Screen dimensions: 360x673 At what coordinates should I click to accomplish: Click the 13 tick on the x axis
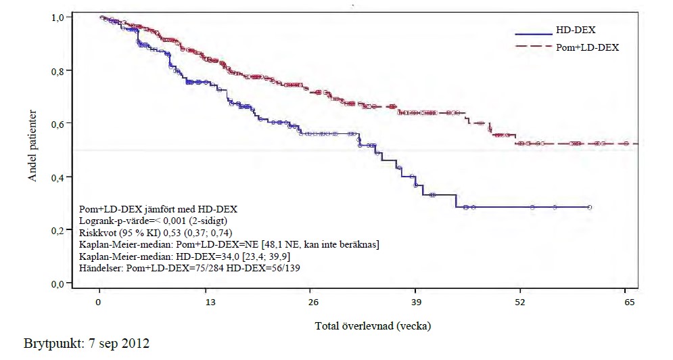210,302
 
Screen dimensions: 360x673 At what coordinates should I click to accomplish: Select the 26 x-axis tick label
313,302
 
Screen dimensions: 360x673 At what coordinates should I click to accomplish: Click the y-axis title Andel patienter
33,146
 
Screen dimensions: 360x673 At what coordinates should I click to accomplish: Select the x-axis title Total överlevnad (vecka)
373,326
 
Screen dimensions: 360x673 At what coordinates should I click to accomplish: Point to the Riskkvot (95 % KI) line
163,232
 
